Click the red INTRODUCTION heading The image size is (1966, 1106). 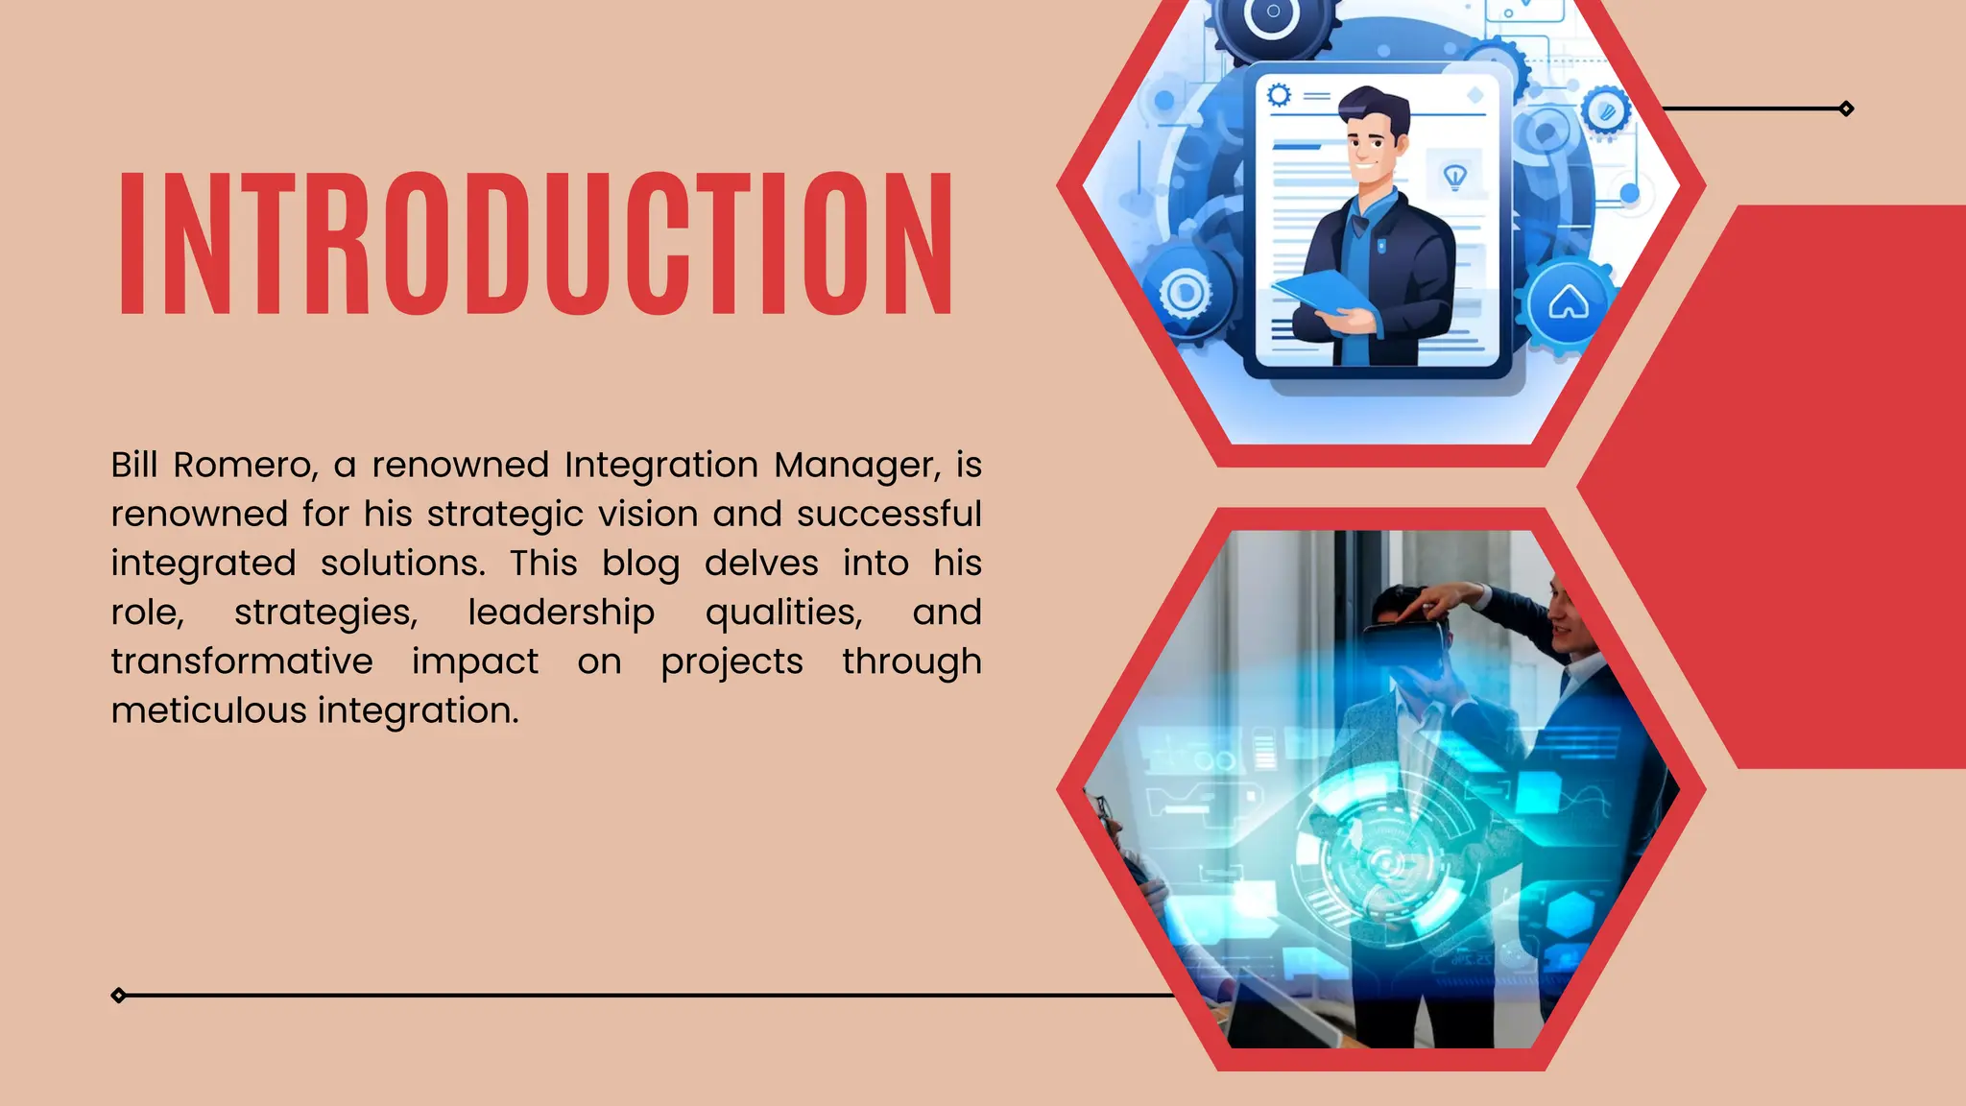pos(536,244)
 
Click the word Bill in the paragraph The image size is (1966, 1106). pos(133,466)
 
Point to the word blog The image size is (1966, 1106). pos(640,565)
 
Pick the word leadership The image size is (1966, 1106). pos(561,613)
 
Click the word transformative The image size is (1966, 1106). pos(242,662)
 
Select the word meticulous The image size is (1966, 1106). pos(208,711)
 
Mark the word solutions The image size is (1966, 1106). pos(402,564)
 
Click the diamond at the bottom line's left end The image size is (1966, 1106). pos(118,996)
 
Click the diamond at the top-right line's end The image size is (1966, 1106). pos(1846,108)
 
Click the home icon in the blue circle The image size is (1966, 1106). pos(1568,303)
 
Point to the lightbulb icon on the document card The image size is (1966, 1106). pos(1455,176)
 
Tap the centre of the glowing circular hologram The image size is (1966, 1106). pos(1385,861)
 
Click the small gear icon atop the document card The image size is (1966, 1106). pos(1280,95)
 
